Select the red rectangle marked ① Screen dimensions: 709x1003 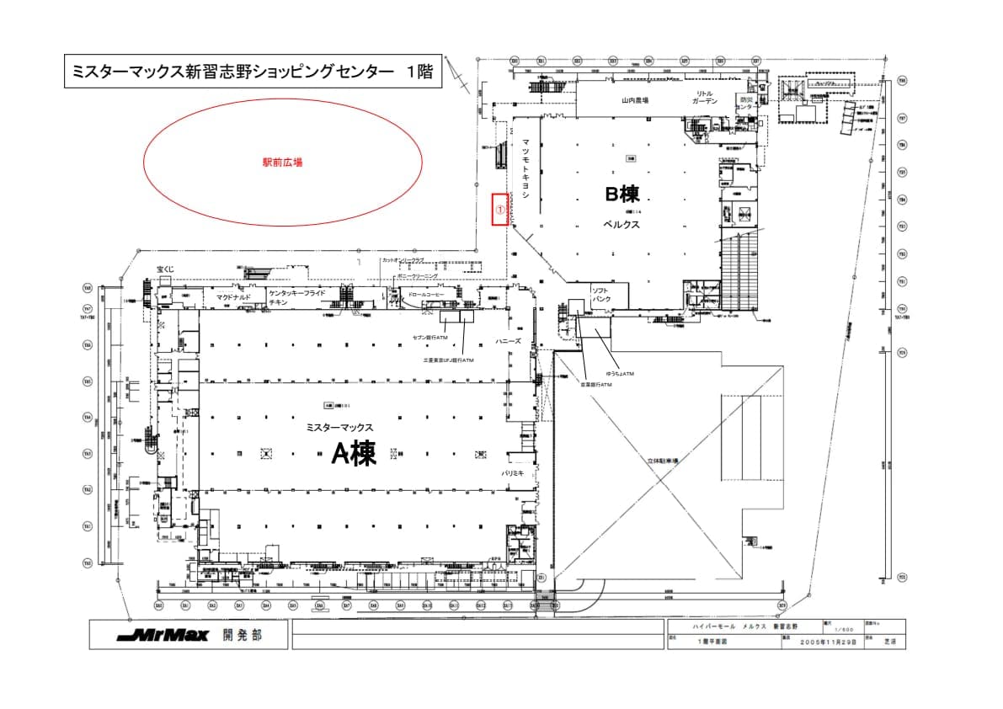pyautogui.click(x=499, y=208)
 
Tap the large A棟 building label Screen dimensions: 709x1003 pyautogui.click(x=354, y=455)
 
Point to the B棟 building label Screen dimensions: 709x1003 pyautogui.click(x=624, y=194)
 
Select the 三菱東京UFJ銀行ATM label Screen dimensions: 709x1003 pyautogui.click(x=448, y=360)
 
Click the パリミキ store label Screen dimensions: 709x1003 pyautogui.click(x=514, y=474)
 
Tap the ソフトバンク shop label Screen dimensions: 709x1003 pyautogui.click(x=602, y=295)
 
